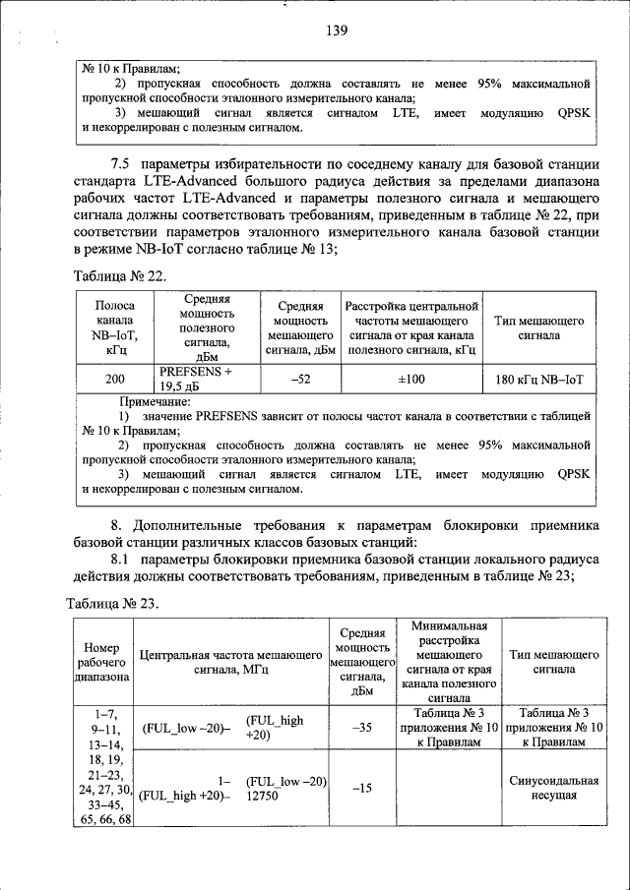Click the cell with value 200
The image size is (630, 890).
(x=114, y=379)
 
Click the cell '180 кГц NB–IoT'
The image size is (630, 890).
(x=539, y=379)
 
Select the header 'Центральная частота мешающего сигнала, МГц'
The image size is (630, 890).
(x=231, y=661)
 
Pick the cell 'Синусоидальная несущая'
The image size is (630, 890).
(x=548, y=787)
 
